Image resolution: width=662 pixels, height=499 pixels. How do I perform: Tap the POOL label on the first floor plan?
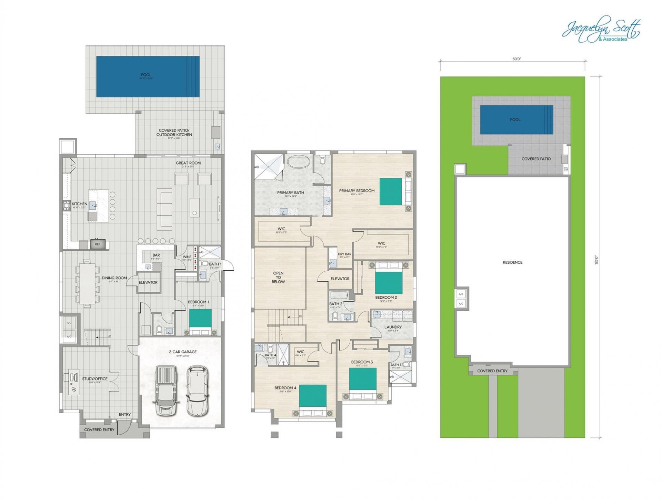(x=146, y=75)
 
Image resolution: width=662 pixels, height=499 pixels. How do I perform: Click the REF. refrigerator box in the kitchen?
(x=98, y=244)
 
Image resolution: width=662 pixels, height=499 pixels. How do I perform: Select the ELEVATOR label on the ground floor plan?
(x=148, y=282)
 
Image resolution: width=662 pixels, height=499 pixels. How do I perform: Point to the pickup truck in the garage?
(x=166, y=391)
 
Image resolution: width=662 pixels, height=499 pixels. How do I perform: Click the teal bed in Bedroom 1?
(x=200, y=318)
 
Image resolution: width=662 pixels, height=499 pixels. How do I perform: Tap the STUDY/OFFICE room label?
(x=95, y=379)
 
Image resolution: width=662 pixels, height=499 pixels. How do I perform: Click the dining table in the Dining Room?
(x=87, y=283)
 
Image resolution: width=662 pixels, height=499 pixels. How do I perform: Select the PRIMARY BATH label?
(x=290, y=193)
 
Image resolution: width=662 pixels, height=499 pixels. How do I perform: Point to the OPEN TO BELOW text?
(x=278, y=277)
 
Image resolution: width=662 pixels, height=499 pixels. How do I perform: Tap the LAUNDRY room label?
(x=393, y=327)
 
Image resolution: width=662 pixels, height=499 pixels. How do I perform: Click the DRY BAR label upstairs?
(x=344, y=254)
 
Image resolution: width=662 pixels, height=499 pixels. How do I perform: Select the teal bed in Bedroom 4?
(x=312, y=396)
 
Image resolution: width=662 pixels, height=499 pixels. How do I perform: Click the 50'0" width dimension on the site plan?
(x=516, y=59)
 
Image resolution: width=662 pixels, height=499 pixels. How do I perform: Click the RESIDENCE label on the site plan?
(x=512, y=262)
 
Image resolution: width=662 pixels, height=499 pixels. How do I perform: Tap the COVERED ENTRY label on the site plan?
(x=492, y=371)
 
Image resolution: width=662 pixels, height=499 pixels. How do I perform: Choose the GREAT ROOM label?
(x=188, y=163)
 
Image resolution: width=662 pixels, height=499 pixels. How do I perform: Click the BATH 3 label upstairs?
(x=396, y=365)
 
